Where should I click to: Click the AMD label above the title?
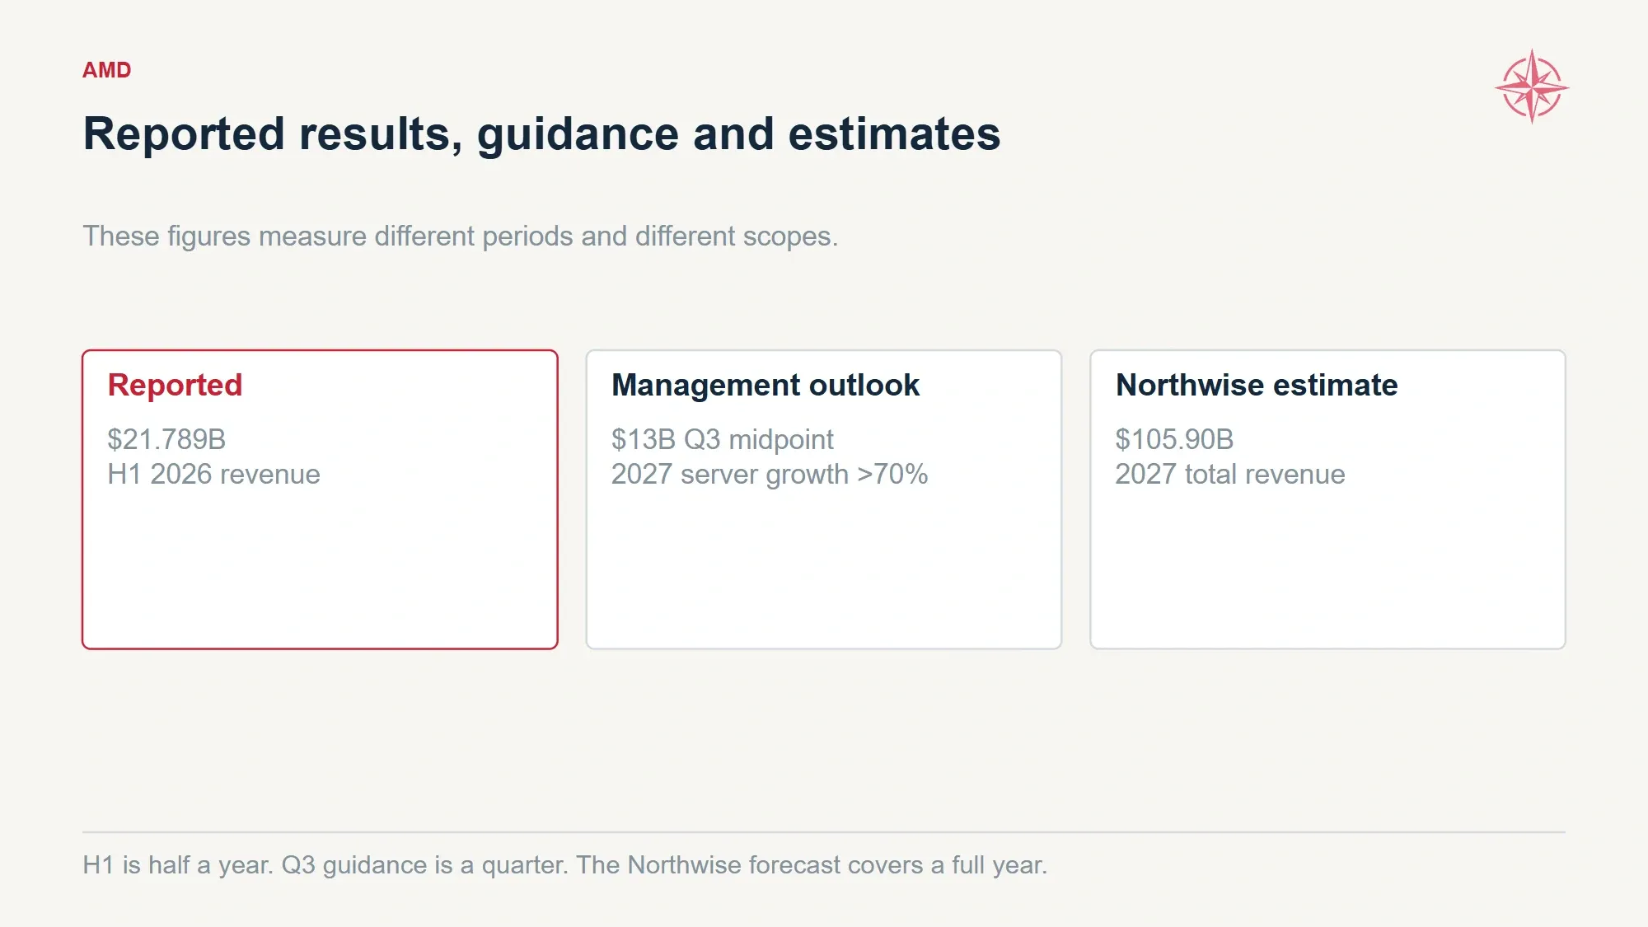click(x=106, y=70)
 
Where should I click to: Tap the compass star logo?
click(x=1532, y=87)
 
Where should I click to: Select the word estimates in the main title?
click(x=894, y=134)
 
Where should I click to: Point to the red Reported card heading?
click(x=175, y=386)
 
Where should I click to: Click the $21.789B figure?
click(x=166, y=439)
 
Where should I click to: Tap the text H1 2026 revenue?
click(x=214, y=475)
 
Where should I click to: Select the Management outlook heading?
click(x=765, y=386)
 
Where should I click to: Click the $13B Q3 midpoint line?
click(x=723, y=439)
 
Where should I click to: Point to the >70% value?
click(x=892, y=475)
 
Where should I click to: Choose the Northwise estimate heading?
click(x=1257, y=386)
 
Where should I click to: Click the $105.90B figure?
click(x=1174, y=439)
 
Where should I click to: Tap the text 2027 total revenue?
click(x=1230, y=475)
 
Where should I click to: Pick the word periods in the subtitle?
click(x=527, y=237)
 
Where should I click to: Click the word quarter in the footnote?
click(x=525, y=866)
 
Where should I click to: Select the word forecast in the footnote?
click(x=794, y=865)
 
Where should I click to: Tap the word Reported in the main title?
click(x=184, y=134)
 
